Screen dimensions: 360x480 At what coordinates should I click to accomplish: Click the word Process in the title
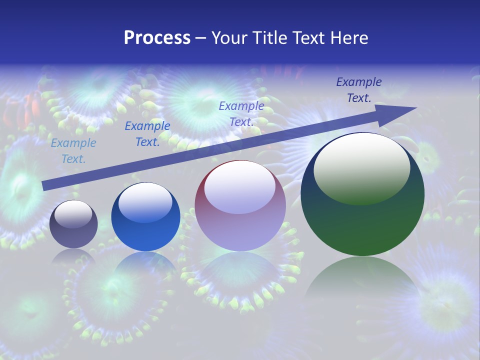(157, 37)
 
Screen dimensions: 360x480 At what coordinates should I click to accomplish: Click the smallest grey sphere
(73, 224)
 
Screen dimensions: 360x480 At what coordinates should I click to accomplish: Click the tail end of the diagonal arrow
(45, 186)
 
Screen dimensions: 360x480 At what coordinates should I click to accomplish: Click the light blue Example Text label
(73, 151)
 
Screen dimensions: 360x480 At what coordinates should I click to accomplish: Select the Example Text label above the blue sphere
(147, 134)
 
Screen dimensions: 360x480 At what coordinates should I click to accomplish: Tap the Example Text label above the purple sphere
(241, 114)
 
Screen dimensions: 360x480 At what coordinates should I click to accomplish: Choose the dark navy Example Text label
(359, 90)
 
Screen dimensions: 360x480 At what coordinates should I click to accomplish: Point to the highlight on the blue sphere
(145, 203)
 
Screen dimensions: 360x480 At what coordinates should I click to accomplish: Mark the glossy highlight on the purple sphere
(240, 187)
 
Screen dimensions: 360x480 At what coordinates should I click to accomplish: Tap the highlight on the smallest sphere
(73, 214)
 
